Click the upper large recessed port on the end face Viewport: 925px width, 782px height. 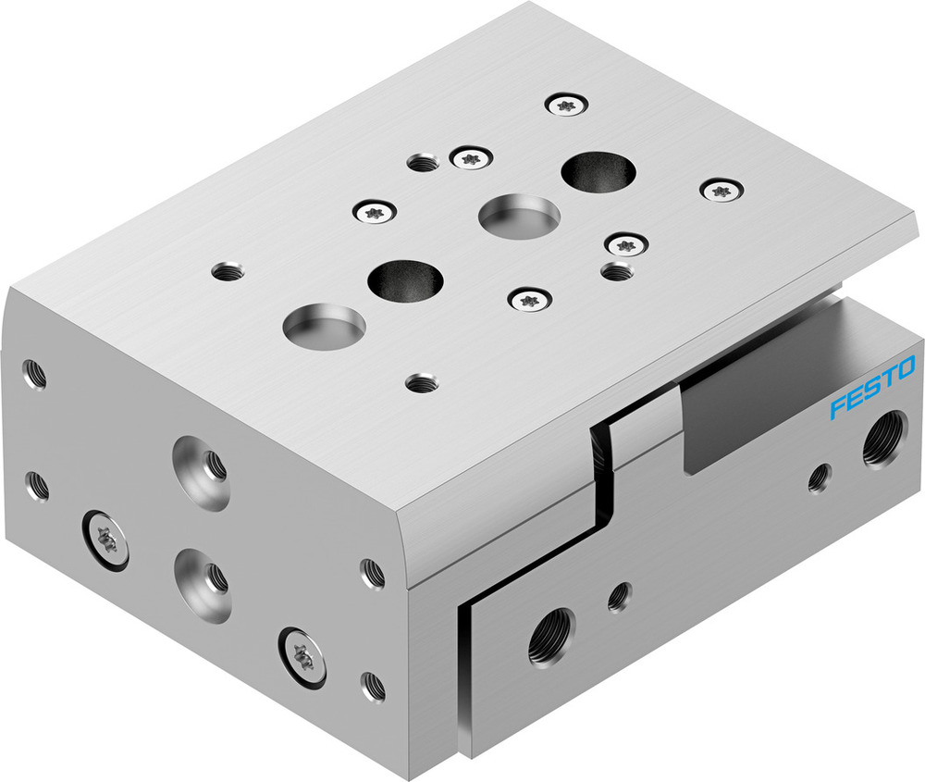click(x=201, y=469)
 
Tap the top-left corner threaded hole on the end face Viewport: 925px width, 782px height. click(x=35, y=374)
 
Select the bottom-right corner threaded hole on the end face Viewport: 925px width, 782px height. click(x=373, y=686)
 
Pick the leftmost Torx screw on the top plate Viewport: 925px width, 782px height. click(x=375, y=212)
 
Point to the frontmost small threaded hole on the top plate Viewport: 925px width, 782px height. click(x=423, y=381)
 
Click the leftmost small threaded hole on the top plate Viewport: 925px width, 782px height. click(x=227, y=272)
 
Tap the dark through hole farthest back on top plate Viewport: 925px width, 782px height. click(x=598, y=171)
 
